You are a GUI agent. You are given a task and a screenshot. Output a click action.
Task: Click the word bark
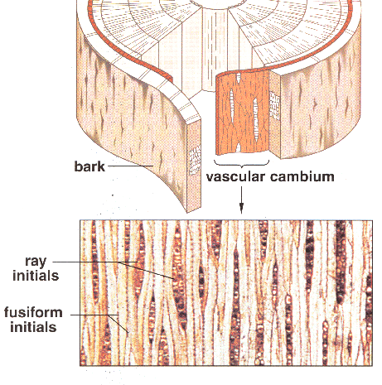click(x=89, y=166)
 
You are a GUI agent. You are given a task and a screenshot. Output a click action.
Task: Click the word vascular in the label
click(x=235, y=176)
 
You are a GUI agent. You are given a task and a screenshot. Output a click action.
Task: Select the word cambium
click(x=302, y=176)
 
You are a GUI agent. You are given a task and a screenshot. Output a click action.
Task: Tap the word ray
click(x=36, y=262)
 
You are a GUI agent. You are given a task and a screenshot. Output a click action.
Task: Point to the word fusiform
click(x=33, y=313)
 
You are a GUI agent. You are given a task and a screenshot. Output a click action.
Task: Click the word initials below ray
click(x=36, y=276)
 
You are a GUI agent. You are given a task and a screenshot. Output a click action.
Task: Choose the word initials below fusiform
click(x=33, y=327)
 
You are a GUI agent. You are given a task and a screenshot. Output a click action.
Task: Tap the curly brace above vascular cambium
click(x=242, y=164)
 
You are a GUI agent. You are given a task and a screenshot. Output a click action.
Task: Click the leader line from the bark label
click(x=130, y=166)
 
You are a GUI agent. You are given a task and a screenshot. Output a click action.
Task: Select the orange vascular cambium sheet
click(x=242, y=112)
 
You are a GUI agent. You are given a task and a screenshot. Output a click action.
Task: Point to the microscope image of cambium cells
click(x=226, y=293)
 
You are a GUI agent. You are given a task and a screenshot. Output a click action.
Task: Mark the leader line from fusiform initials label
click(x=99, y=320)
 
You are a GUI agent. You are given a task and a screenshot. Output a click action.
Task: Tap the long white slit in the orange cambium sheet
click(x=232, y=106)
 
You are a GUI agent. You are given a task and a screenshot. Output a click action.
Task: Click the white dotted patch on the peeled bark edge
click(x=195, y=161)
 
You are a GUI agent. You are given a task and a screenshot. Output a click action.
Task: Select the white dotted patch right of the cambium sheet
click(x=275, y=106)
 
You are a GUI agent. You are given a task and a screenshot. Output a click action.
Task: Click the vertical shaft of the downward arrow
click(x=241, y=195)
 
